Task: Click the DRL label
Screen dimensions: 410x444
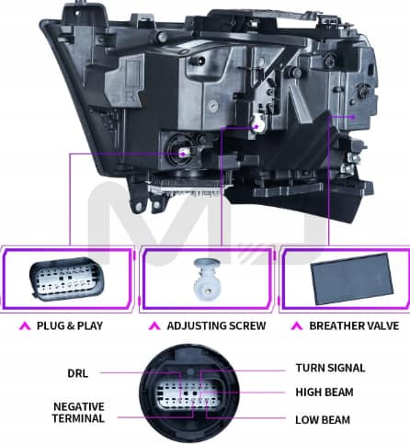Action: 77,373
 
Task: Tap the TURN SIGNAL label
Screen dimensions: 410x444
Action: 330,368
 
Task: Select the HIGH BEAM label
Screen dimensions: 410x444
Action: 325,393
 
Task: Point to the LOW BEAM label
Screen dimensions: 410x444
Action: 323,420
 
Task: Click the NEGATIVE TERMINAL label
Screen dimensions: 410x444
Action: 78,413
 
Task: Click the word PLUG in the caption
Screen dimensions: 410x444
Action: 51,325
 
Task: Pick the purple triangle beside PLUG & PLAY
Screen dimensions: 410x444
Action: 25,326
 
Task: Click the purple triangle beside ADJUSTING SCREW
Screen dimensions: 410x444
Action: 154,326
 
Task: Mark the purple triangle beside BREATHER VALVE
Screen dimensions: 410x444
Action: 297,326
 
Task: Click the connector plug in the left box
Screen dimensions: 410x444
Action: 67,279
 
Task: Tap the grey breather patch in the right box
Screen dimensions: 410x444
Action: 352,279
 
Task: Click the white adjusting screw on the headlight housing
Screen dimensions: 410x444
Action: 257,125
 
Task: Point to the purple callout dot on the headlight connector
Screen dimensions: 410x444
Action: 183,154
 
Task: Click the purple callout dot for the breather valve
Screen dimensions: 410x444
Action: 353,117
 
